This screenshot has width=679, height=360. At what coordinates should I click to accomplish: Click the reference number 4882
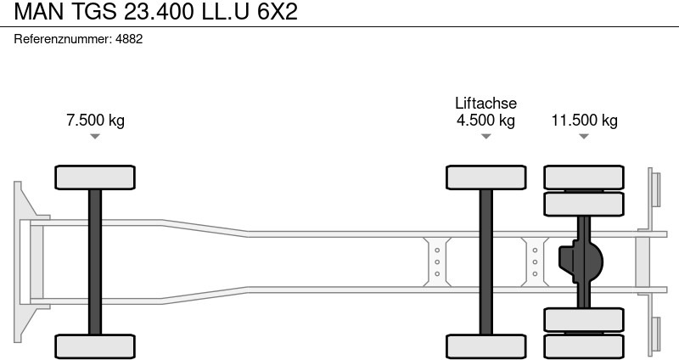(x=128, y=39)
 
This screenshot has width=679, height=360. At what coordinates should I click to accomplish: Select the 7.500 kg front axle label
(x=95, y=120)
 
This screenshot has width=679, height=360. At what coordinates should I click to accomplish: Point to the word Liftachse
(x=485, y=103)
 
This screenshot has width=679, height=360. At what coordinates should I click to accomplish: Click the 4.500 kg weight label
(x=485, y=120)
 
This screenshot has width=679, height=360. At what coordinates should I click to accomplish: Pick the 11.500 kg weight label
(x=584, y=120)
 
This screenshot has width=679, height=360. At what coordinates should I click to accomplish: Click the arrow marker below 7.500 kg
(x=95, y=136)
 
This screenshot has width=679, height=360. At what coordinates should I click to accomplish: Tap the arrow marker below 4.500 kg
(x=485, y=136)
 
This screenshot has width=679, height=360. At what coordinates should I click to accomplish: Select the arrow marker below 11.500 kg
(x=584, y=136)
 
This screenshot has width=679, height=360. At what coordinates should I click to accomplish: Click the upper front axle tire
(x=95, y=177)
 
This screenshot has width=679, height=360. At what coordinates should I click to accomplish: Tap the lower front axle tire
(x=95, y=346)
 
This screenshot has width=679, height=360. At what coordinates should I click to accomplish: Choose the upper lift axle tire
(x=485, y=177)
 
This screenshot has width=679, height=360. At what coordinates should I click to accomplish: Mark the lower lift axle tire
(x=485, y=346)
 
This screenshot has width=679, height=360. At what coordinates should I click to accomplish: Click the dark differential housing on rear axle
(x=580, y=262)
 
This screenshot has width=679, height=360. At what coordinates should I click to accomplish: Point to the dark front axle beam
(x=95, y=262)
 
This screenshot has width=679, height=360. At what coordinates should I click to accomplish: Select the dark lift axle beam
(x=485, y=262)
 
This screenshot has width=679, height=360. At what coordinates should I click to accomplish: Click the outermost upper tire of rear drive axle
(x=584, y=177)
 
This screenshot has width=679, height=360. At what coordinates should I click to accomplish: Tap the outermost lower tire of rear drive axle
(x=584, y=346)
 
